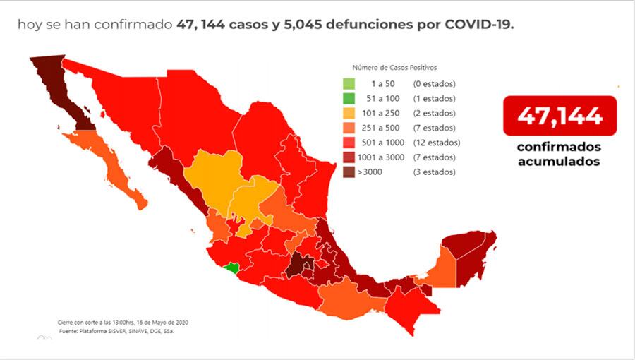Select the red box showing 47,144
(x=560, y=115)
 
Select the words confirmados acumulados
(x=559, y=154)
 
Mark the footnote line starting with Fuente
(x=116, y=330)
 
